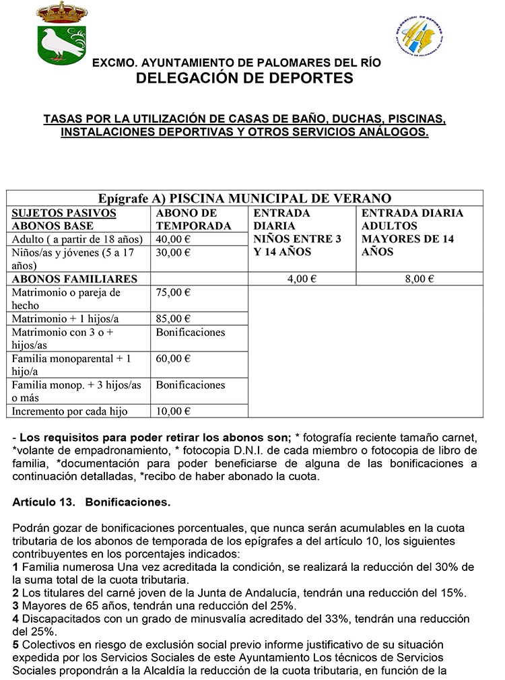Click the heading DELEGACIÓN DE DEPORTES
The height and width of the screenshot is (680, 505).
click(244, 78)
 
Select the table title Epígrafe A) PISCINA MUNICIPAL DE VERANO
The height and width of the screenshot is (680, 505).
click(244, 199)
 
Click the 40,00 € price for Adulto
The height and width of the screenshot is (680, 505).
click(173, 239)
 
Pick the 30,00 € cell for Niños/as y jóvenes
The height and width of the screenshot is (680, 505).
click(173, 252)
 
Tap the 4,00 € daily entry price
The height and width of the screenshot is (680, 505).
click(302, 279)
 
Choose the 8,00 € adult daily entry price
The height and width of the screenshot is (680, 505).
click(419, 279)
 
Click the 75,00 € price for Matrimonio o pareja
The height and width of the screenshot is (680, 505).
click(173, 292)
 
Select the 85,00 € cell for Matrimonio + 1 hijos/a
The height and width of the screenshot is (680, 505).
click(173, 318)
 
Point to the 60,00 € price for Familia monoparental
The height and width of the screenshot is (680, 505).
click(173, 358)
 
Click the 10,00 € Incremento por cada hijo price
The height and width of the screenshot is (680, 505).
click(173, 411)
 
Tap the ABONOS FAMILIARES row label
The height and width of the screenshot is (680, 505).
click(75, 279)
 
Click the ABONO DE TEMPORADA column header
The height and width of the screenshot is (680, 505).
click(193, 219)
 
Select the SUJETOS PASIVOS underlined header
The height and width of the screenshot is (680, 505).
click(65, 213)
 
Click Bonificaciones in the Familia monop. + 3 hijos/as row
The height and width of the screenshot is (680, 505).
click(191, 385)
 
